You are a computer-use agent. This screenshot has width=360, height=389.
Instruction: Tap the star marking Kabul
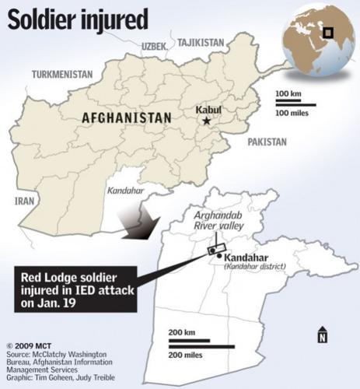(x=207, y=122)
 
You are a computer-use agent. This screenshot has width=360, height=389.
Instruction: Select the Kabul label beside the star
(x=208, y=110)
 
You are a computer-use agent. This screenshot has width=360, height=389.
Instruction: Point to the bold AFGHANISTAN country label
(x=124, y=117)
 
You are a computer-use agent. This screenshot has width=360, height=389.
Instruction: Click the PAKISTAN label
(x=267, y=142)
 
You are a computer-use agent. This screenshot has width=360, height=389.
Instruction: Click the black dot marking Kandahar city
(x=222, y=255)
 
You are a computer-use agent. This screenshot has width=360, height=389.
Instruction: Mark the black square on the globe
(x=328, y=33)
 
